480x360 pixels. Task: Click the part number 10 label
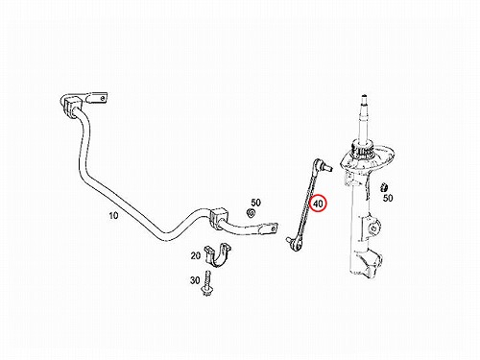point(113,216)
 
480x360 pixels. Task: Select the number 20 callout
point(196,255)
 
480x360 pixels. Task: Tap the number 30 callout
point(195,280)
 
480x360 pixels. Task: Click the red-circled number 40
point(319,204)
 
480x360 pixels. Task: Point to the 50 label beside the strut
point(388,198)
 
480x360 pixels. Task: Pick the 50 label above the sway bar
point(255,203)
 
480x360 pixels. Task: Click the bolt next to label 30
point(206,283)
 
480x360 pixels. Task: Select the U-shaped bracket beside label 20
point(218,255)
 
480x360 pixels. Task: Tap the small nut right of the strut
point(383,187)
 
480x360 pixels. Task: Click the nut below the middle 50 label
point(251,213)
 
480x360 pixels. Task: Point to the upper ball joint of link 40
point(323,165)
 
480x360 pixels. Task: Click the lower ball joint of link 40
point(295,244)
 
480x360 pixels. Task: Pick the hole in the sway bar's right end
point(273,228)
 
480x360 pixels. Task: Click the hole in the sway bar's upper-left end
point(102,98)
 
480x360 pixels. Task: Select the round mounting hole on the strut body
point(373,228)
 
